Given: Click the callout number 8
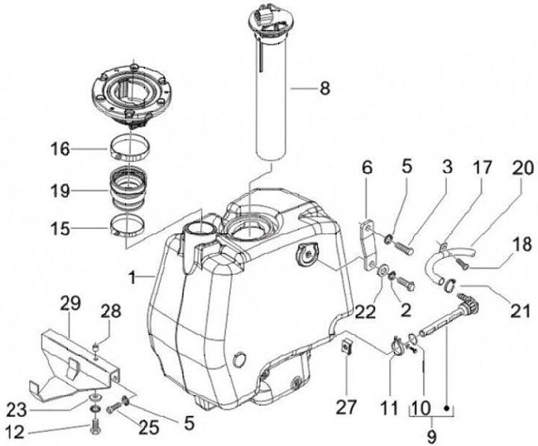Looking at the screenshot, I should tap(324, 89).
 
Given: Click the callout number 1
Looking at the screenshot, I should tap(132, 277).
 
